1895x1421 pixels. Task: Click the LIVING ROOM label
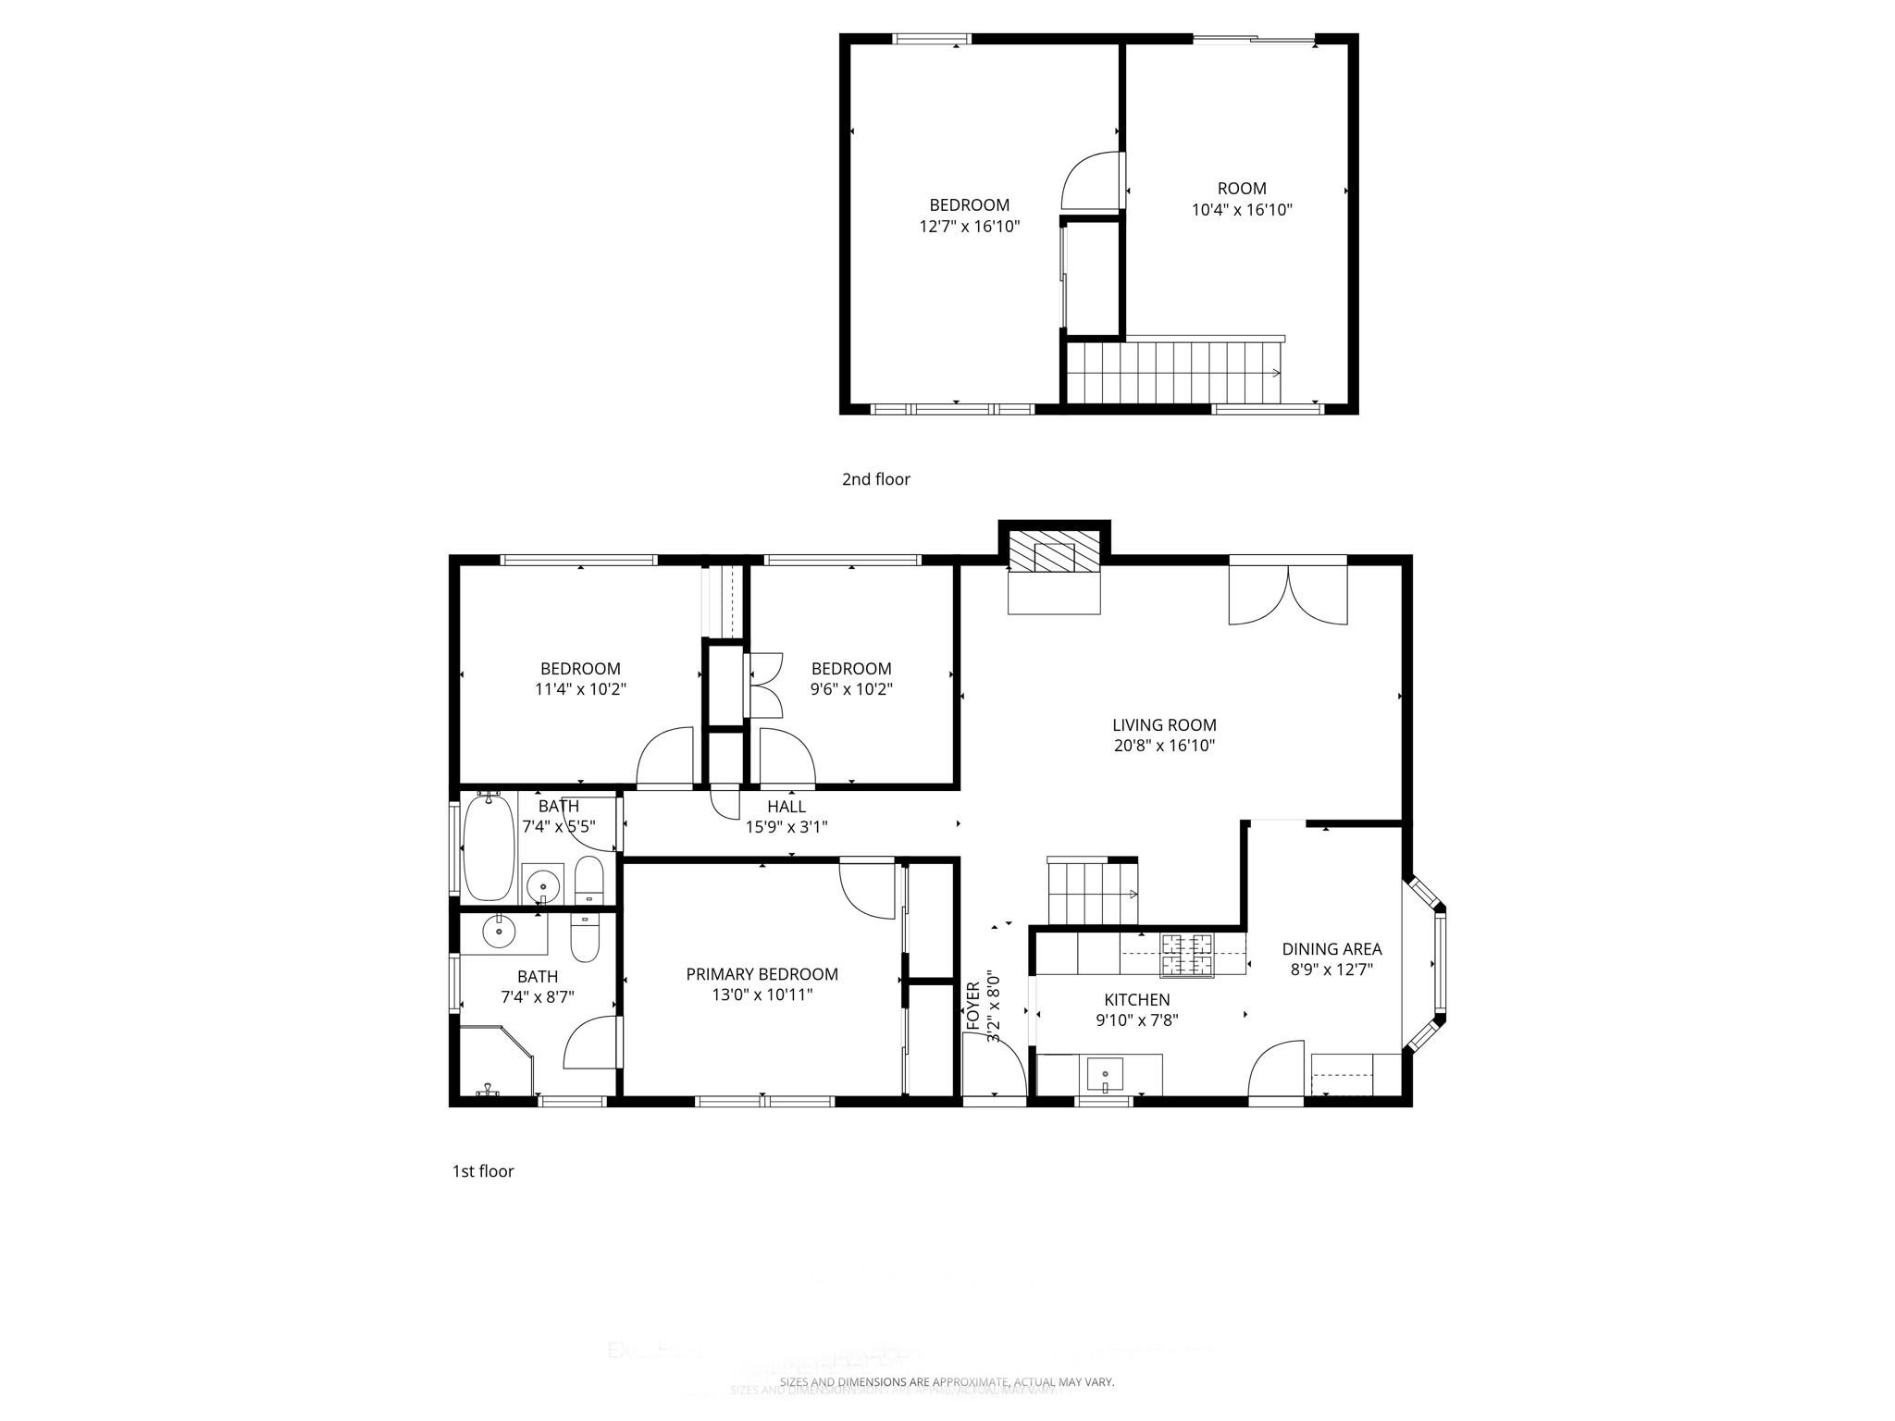pyautogui.click(x=1163, y=725)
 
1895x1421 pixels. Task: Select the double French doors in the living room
pyautogui.click(x=1287, y=592)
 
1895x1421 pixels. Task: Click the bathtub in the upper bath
pyautogui.click(x=488, y=847)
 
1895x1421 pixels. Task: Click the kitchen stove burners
pyautogui.click(x=1187, y=956)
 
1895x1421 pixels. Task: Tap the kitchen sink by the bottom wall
pyautogui.click(x=1104, y=1075)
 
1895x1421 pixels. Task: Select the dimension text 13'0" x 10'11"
pyautogui.click(x=762, y=995)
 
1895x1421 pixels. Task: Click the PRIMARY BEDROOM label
pyautogui.click(x=762, y=974)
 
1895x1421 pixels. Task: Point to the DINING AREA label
pyautogui.click(x=1331, y=948)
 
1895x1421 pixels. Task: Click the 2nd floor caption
pyautogui.click(x=875, y=479)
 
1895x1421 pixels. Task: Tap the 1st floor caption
pyautogui.click(x=482, y=1171)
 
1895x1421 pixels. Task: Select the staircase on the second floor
pyautogui.click(x=1173, y=373)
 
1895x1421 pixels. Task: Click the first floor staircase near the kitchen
pyautogui.click(x=1091, y=893)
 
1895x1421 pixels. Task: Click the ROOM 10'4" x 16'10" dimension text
pyautogui.click(x=1241, y=210)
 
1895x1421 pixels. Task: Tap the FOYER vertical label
pyautogui.click(x=972, y=1006)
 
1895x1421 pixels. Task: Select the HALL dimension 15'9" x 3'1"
pyautogui.click(x=786, y=827)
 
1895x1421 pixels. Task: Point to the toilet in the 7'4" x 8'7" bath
pyautogui.click(x=585, y=938)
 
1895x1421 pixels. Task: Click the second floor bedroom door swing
pyautogui.click(x=1091, y=180)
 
